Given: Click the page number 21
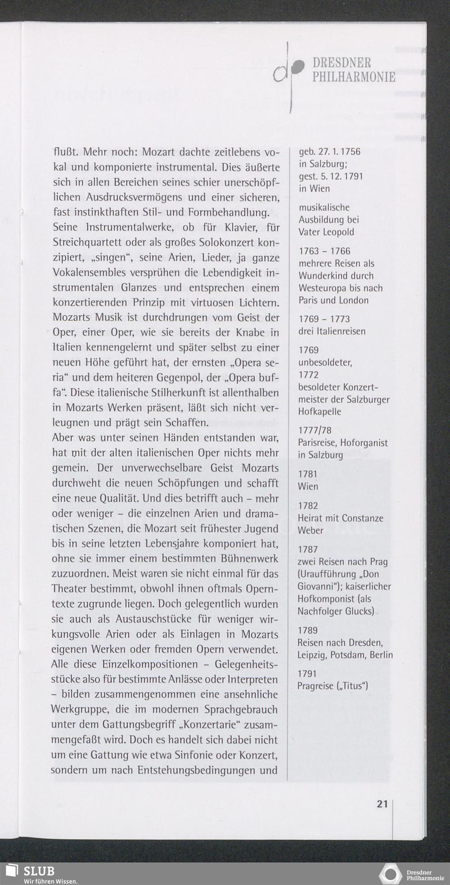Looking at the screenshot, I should coord(382,804).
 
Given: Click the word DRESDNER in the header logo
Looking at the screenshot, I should coord(342,63).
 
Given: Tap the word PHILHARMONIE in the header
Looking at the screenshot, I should coord(354,77).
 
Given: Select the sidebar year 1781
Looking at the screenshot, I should coord(307,474).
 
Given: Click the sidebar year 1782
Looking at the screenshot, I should coord(308,506).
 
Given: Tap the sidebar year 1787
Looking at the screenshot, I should coord(308,549).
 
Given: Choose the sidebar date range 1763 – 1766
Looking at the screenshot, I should coord(324,251).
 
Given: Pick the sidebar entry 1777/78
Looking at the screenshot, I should coord(315,431).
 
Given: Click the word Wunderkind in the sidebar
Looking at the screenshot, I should coord(323,276).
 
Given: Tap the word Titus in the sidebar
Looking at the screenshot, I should coord(355,686).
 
